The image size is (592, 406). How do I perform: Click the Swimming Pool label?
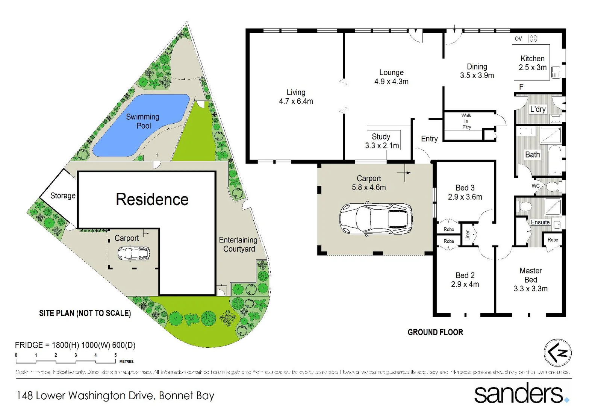142,121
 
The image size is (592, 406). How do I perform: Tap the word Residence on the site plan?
152,199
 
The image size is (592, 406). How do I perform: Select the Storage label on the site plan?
63,195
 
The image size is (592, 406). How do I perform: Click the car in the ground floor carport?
375,219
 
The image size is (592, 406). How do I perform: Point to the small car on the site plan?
133,253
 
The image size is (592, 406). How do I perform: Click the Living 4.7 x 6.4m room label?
296,97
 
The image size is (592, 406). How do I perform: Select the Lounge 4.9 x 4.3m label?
391,77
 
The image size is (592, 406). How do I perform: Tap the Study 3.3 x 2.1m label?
382,141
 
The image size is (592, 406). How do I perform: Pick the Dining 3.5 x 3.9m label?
477,71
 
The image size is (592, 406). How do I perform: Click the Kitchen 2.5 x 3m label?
533,63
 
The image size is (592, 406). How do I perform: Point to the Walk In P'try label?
466,121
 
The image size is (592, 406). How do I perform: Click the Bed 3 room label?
465,192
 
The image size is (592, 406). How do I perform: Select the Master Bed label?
531,279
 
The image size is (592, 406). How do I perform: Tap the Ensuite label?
540,222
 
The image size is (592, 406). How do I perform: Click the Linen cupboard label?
468,235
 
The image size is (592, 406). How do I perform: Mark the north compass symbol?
558,353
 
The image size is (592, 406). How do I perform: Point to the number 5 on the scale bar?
115,355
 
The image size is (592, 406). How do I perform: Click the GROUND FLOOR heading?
435,332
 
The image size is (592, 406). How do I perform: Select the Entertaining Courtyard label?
238,244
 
